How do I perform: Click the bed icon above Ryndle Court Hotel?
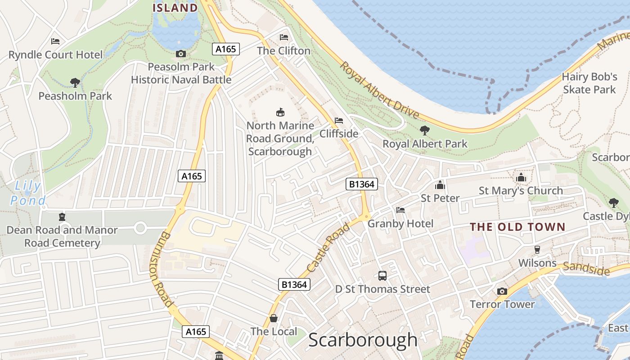(55, 41)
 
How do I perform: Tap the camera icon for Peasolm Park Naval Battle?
(180, 54)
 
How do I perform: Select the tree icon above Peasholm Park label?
(75, 83)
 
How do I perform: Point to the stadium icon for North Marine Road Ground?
(280, 112)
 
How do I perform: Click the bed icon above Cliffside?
(339, 121)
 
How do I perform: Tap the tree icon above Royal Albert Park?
(424, 130)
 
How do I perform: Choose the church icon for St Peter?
(440, 185)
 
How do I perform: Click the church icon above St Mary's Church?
(521, 178)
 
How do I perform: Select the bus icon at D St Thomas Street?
(382, 276)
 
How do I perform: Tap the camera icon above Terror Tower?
(502, 291)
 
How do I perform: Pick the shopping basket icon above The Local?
(273, 319)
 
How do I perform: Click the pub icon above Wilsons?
(537, 250)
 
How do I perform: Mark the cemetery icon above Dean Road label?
(62, 217)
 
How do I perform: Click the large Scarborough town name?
(363, 340)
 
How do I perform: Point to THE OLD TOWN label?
(517, 227)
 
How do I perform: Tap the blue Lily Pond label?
(28, 193)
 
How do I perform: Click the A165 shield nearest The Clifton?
(226, 49)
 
